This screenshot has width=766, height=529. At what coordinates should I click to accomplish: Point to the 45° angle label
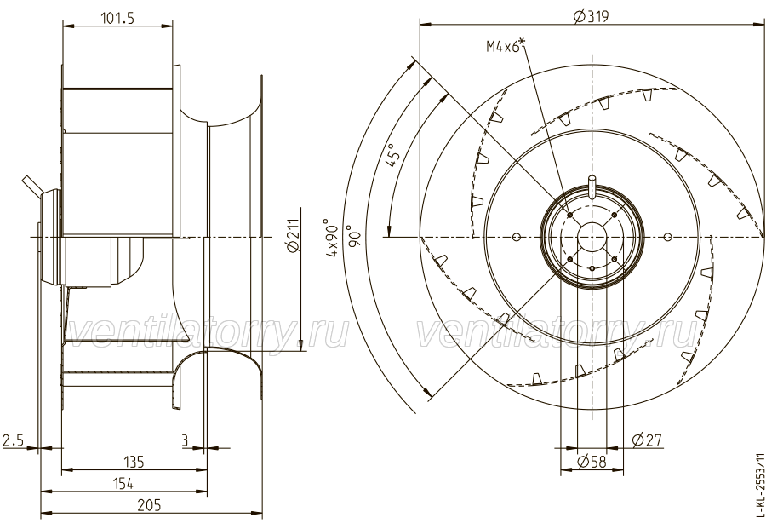tap(393, 158)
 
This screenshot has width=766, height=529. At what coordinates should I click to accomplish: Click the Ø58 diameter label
tap(591, 462)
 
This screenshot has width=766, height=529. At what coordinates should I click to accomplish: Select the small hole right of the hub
tap(667, 235)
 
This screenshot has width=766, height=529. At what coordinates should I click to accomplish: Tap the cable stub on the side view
tap(32, 184)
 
